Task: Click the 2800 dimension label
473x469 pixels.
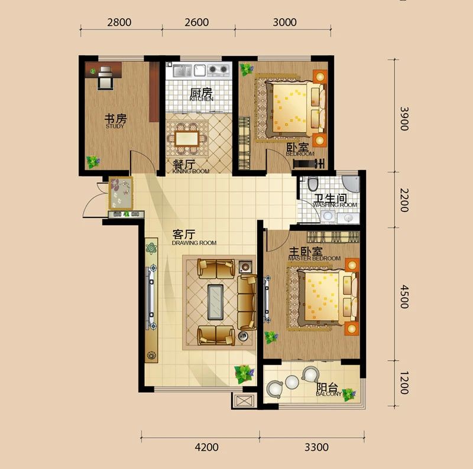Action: [119, 22]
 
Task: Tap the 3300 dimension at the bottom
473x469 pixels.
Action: [316, 447]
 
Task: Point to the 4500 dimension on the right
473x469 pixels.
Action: [404, 297]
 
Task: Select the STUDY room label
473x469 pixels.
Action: [115, 126]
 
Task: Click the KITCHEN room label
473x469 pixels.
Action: [202, 99]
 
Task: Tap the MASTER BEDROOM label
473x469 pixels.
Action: [315, 258]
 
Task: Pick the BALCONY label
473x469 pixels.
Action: [329, 394]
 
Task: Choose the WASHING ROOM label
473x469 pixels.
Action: [335, 205]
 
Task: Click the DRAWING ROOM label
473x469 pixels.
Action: [194, 243]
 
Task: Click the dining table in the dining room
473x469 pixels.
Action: [187, 139]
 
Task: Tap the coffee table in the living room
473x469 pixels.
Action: [215, 302]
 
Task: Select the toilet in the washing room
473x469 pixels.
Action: [313, 184]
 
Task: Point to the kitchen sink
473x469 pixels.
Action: [182, 71]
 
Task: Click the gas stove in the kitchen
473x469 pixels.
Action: [218, 70]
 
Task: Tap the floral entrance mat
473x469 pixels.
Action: [121, 193]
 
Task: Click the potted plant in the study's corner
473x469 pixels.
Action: [93, 162]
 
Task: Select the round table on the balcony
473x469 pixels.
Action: [291, 383]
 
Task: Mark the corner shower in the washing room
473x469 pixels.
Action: [351, 184]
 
